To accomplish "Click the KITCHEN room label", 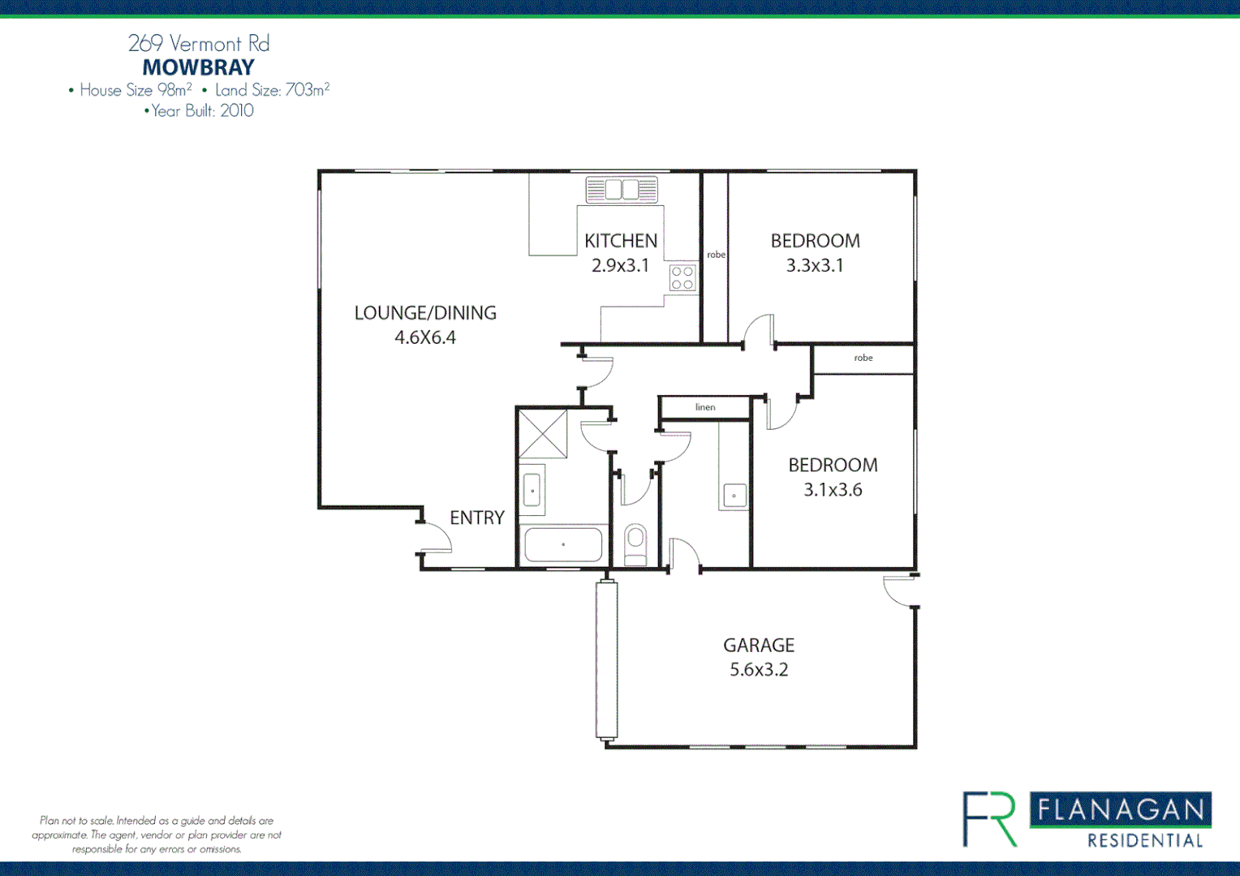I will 621,241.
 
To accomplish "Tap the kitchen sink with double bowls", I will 622,190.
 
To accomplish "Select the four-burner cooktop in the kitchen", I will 682,278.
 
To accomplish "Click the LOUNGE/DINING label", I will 425,313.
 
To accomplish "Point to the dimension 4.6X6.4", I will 425,337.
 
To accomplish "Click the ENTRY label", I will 477,517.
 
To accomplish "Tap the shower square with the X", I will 543,434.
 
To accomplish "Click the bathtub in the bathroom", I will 563,544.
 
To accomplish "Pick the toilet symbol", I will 635,544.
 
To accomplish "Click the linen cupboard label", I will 705,407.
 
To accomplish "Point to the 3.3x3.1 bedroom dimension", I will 815,265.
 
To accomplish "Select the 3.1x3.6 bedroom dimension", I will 833,490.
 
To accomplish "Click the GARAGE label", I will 759,646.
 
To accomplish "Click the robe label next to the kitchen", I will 716,255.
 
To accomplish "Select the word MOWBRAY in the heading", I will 199,67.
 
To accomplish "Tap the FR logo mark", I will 990,819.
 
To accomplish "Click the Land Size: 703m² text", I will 272,90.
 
